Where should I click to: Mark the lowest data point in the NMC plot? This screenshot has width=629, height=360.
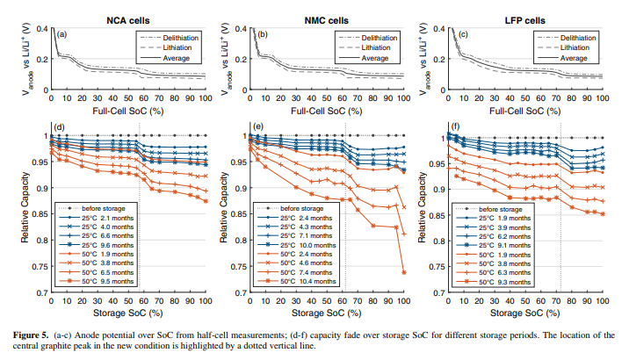tap(403, 272)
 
